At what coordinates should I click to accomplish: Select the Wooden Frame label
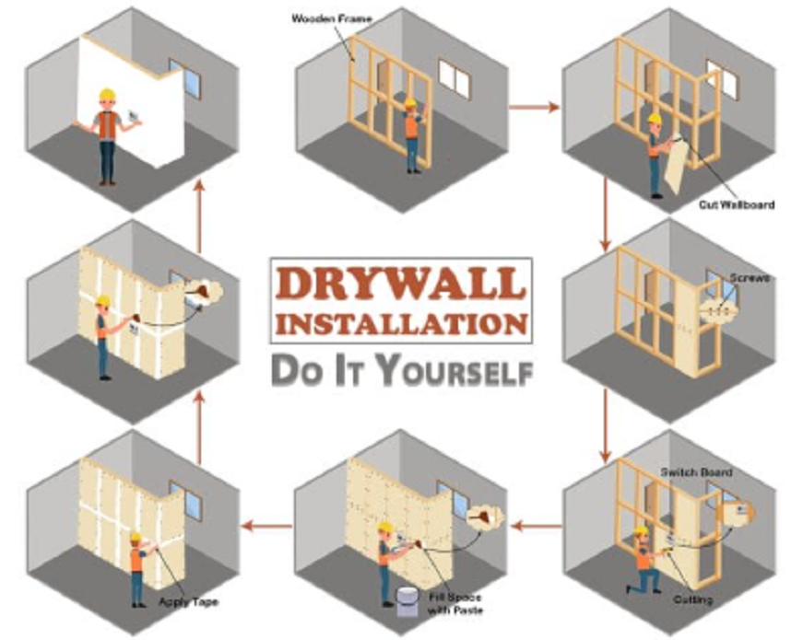point(332,19)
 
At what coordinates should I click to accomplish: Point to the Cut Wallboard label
point(737,204)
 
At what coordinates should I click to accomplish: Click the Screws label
point(750,278)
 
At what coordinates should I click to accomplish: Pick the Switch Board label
point(696,471)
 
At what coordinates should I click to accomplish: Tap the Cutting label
point(693,599)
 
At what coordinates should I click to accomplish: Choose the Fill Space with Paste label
point(455,604)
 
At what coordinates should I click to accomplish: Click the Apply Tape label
point(188,601)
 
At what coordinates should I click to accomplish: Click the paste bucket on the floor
point(407,601)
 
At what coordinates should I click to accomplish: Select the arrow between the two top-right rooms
point(534,107)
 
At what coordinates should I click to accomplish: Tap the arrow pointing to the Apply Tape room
point(266,526)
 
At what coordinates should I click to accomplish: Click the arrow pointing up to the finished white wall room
point(200,216)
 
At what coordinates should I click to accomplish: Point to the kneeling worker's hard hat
point(641,531)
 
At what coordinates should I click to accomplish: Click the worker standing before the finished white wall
point(108,136)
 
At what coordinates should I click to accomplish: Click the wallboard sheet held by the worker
point(676,164)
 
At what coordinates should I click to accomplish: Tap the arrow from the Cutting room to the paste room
point(537,526)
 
